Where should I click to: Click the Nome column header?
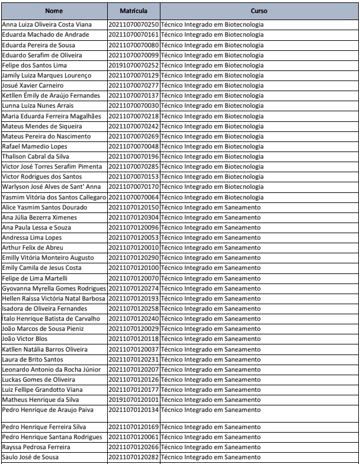click(54, 11)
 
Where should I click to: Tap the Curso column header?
click(259, 11)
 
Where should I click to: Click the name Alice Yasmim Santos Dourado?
click(47, 207)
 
